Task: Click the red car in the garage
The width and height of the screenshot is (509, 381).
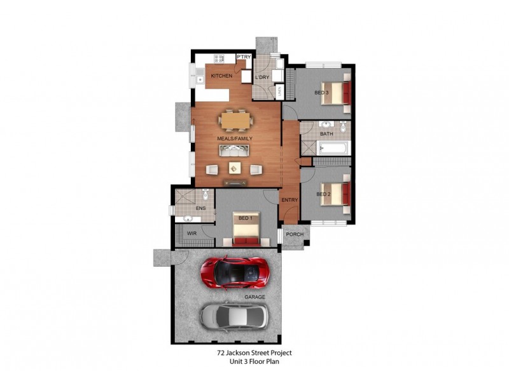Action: (x=235, y=272)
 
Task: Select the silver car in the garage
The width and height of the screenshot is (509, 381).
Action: (x=235, y=315)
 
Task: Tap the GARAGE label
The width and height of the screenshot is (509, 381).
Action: (x=254, y=297)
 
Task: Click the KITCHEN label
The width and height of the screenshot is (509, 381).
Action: (x=221, y=76)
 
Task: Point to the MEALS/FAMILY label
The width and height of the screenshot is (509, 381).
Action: (x=235, y=138)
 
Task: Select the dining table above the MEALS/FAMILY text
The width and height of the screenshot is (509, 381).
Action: (x=235, y=120)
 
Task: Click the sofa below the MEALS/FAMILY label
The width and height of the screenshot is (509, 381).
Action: (x=234, y=150)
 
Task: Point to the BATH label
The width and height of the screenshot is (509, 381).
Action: (x=326, y=134)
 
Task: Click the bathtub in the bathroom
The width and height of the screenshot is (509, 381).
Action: (x=333, y=149)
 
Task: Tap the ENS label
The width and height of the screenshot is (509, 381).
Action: (x=201, y=208)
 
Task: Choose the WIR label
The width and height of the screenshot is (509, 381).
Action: (x=191, y=234)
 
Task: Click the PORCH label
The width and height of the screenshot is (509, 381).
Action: (x=295, y=234)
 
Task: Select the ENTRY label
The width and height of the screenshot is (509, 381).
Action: (x=290, y=200)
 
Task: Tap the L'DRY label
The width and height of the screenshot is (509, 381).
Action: (x=261, y=77)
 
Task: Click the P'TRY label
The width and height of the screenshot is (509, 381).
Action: (x=243, y=57)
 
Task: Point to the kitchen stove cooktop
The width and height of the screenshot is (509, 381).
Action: (x=219, y=58)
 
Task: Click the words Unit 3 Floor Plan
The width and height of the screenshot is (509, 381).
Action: (x=254, y=361)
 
